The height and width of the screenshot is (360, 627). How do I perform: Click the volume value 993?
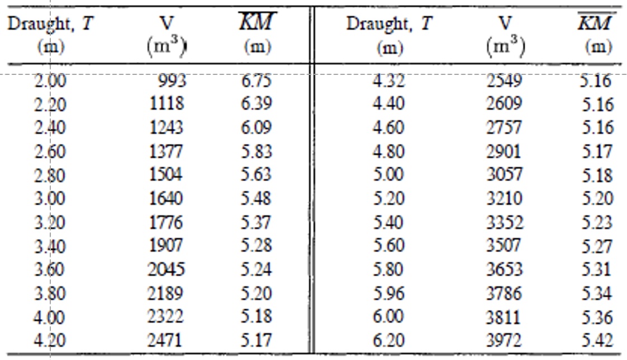click(x=172, y=82)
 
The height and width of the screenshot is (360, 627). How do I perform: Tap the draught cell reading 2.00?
click(x=50, y=82)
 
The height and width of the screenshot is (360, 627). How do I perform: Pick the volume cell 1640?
click(x=166, y=198)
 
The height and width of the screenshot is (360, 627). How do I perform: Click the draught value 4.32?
click(x=388, y=82)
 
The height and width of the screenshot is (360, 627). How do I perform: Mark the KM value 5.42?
click(x=597, y=339)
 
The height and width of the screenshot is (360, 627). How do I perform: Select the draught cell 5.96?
click(x=388, y=292)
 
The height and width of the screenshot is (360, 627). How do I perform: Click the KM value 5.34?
click(x=597, y=292)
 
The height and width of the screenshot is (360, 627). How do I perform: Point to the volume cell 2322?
click(x=166, y=316)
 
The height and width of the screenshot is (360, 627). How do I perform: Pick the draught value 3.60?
click(x=50, y=269)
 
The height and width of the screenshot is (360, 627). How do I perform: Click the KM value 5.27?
click(x=597, y=246)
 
